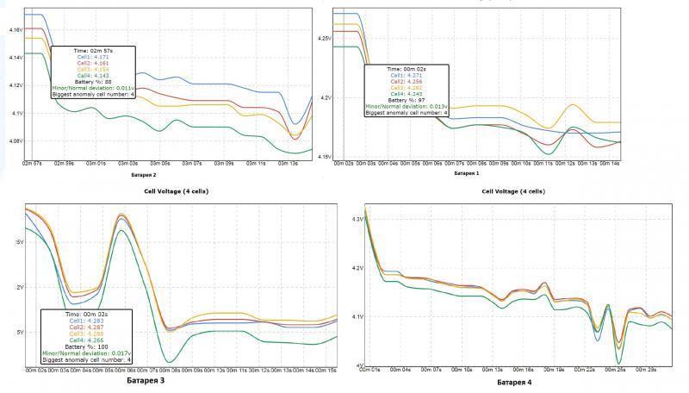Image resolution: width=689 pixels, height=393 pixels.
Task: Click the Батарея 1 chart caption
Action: click(x=466, y=172)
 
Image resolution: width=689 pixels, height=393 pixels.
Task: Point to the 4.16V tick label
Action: click(x=16, y=30)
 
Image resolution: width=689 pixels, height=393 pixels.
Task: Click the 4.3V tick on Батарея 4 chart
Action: click(x=357, y=220)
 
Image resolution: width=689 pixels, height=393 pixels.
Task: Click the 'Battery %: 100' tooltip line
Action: click(x=84, y=346)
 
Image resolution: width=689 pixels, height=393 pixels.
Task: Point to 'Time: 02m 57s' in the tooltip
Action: click(x=89, y=51)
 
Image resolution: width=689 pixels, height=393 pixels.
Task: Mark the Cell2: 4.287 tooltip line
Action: click(x=84, y=327)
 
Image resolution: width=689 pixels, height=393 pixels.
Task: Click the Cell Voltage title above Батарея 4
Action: click(x=512, y=191)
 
